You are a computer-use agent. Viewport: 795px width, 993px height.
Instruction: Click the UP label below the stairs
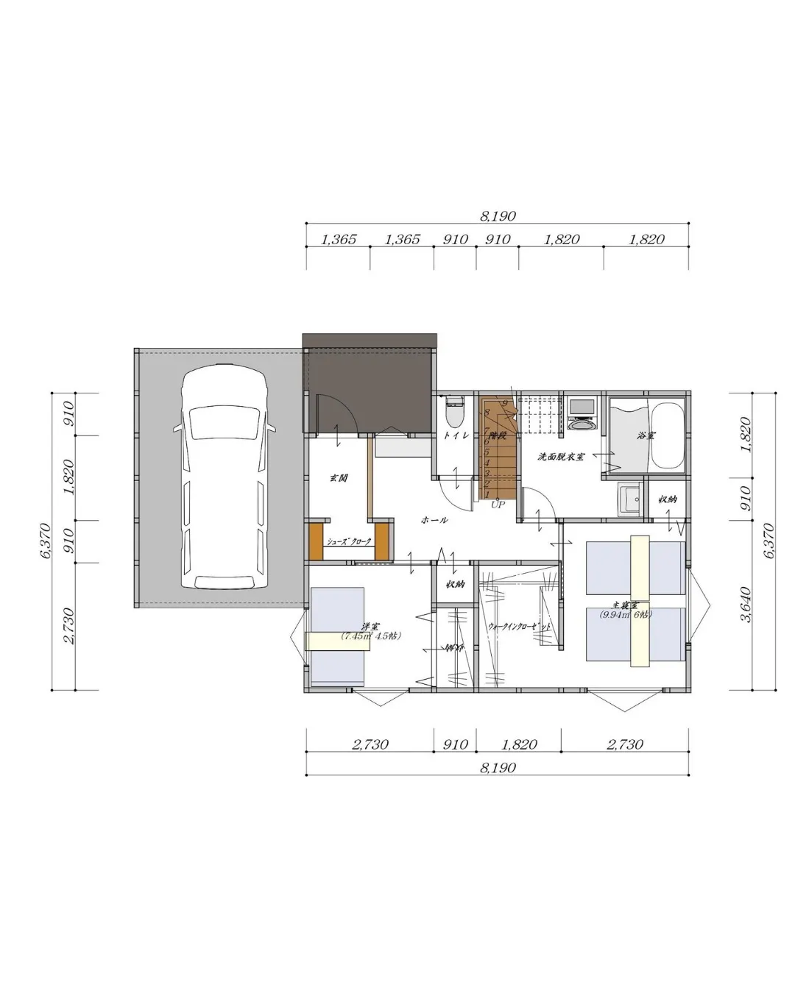498,505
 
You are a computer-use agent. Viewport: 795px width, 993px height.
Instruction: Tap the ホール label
434,520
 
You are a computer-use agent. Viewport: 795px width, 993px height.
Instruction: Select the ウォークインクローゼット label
519,627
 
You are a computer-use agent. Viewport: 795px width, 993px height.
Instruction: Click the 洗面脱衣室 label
561,457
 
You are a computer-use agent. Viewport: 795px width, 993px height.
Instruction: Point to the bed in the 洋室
337,637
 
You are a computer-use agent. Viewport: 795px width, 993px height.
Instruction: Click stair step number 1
487,495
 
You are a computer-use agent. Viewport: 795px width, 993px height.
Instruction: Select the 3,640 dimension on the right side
746,605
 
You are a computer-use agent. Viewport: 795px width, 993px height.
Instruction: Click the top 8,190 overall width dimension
498,216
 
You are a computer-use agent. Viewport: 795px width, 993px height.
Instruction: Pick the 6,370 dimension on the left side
44,541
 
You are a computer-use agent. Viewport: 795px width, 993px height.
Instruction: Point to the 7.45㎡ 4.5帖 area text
371,637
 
